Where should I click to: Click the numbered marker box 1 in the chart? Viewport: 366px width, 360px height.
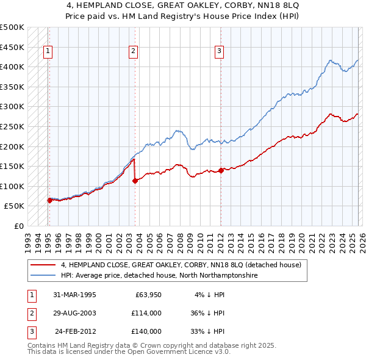click(48, 52)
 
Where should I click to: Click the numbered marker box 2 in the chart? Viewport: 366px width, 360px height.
click(133, 52)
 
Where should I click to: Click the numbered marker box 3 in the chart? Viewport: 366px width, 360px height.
click(218, 52)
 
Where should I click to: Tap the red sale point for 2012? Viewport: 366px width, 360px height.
click(221, 170)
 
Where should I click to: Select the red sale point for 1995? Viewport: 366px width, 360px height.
click(49, 200)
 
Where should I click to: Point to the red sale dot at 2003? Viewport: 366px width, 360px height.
click(135, 181)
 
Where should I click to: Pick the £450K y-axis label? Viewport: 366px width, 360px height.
click(12, 47)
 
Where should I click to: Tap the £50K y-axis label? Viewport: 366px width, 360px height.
click(15, 206)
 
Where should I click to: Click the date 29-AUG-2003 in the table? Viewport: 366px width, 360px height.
click(74, 313)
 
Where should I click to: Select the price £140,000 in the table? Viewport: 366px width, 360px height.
click(146, 331)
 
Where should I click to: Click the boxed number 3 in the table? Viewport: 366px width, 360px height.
click(30, 331)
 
